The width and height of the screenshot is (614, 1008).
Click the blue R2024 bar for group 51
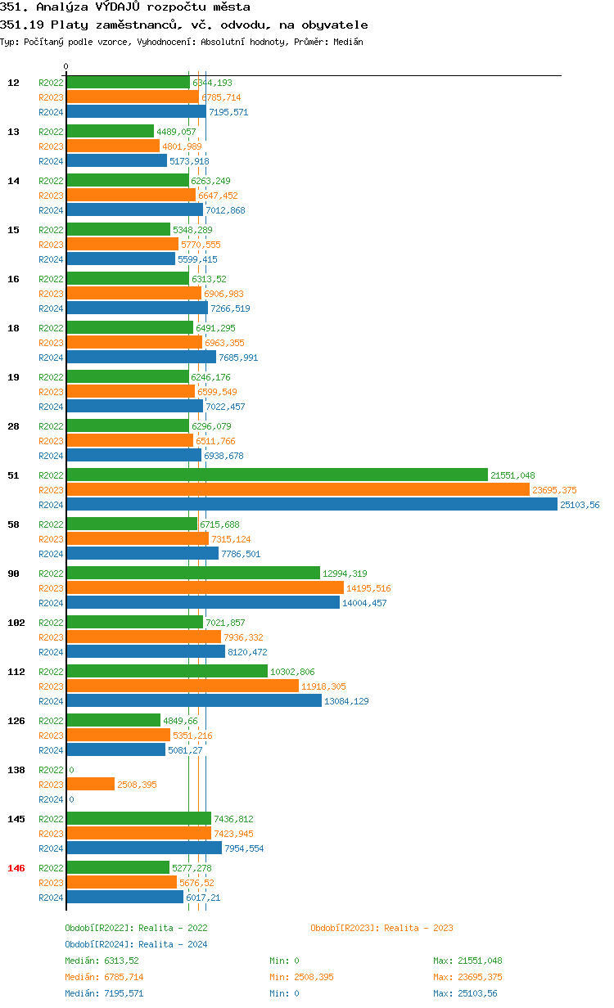pos(311,505)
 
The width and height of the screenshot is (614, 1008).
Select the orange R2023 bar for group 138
pos(90,785)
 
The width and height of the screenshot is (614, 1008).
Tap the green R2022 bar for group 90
pos(192,574)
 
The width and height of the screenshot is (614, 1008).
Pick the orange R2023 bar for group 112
pos(182,686)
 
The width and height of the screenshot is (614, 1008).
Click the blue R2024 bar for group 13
pos(116,161)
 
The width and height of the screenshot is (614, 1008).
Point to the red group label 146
pos(16,868)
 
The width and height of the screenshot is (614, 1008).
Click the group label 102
pos(16,623)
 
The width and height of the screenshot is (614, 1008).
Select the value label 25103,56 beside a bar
pos(580,505)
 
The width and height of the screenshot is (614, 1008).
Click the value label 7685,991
pos(238,358)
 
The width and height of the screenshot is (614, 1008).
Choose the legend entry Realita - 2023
pos(381,928)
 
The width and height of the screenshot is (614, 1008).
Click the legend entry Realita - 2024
pos(136,944)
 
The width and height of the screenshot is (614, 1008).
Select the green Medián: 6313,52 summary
pos(102,961)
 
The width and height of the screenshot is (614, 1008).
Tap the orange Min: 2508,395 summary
pos(301,977)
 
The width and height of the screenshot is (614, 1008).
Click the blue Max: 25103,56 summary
pos(465,993)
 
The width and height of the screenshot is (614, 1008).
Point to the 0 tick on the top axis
pos(66,67)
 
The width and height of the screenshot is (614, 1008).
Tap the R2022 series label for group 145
pos(51,819)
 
